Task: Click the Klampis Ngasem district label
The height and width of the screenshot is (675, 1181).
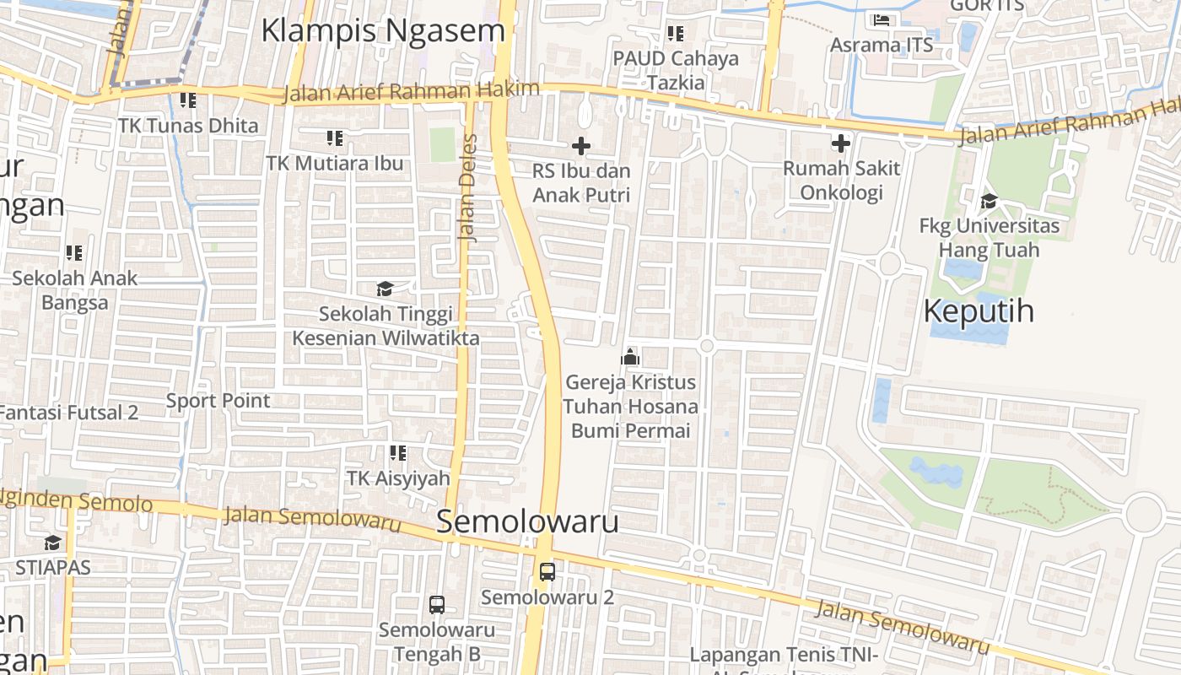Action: tap(383, 31)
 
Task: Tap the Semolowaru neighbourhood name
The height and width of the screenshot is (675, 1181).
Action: tap(527, 521)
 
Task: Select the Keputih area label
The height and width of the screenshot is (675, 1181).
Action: tap(979, 311)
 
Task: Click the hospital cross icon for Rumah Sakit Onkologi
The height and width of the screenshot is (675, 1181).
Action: tap(840, 143)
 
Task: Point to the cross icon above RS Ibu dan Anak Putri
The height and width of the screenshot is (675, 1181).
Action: tap(581, 146)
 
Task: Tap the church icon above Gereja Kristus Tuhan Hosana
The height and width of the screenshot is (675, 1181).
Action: tap(630, 357)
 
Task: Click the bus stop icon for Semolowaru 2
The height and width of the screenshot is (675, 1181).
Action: tap(547, 571)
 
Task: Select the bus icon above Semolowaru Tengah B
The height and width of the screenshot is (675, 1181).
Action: tap(436, 604)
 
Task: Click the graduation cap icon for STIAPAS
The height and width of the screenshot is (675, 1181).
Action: tap(52, 542)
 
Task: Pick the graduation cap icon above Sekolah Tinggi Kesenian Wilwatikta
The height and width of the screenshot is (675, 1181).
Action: tap(385, 289)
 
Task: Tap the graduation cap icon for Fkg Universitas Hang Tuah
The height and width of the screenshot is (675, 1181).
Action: tap(989, 201)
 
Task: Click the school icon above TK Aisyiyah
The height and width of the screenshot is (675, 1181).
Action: tap(398, 453)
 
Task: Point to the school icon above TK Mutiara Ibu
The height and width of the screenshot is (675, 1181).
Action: tap(334, 138)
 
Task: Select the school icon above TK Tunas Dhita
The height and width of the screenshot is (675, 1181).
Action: tap(187, 100)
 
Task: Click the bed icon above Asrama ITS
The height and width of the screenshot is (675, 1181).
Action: tap(882, 19)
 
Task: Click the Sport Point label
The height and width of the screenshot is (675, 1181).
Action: tap(218, 401)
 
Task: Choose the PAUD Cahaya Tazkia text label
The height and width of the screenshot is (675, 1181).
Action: tap(676, 70)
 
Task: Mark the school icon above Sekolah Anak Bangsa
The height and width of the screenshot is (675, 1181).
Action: tap(74, 252)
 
